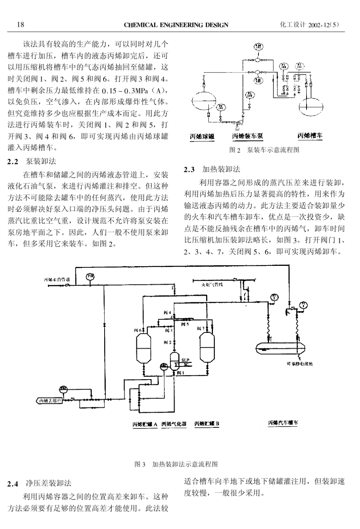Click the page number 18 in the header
click(x=20, y=25)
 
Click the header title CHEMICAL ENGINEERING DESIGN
click(x=176, y=25)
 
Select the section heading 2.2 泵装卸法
click(x=32, y=162)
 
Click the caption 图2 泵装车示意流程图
click(x=265, y=150)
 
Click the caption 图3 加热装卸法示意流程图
click(x=176, y=464)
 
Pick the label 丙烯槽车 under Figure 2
click(x=310, y=136)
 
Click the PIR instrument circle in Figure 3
click(x=91, y=276)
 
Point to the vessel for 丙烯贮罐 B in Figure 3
click(x=207, y=345)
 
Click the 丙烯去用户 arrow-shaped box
click(x=49, y=400)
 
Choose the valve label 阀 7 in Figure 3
click(x=201, y=328)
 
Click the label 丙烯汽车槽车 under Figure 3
click(x=283, y=422)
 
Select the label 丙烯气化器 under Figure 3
click(x=174, y=424)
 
